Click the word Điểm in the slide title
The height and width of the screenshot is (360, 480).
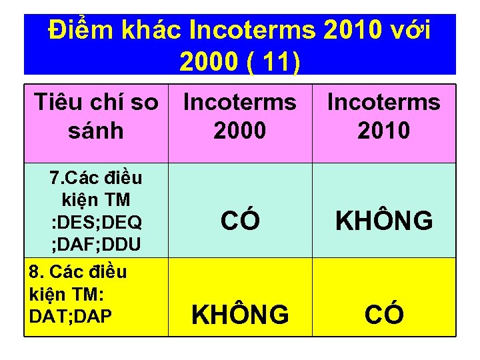79,31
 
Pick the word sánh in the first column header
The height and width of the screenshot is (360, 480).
96,130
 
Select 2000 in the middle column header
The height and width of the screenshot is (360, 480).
240,130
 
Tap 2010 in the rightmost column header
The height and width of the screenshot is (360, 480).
383,130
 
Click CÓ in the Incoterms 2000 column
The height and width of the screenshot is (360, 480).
240,221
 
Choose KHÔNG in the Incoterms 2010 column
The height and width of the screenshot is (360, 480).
384,221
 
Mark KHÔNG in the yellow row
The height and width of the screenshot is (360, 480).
240,314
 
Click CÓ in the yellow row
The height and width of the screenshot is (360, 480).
384,314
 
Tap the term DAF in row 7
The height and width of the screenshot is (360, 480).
76,245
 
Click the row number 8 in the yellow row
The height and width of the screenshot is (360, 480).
35,272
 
